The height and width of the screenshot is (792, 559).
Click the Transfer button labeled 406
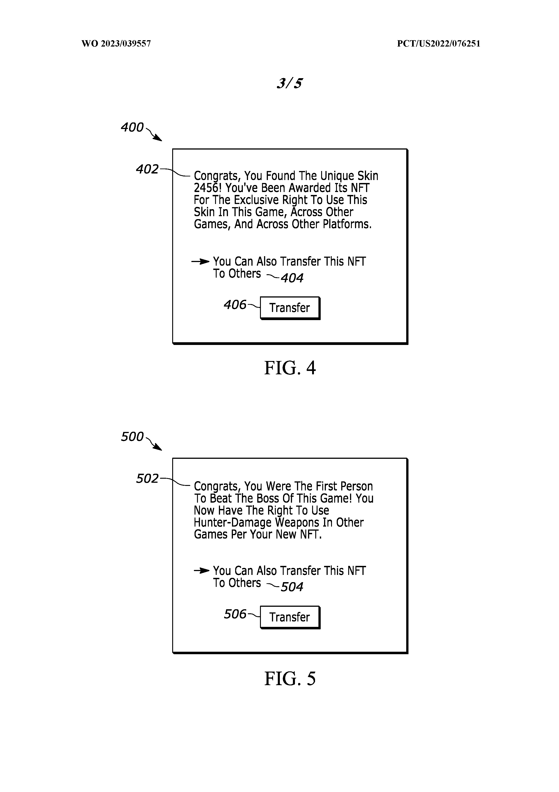(x=290, y=308)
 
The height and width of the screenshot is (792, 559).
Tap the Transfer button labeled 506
(x=290, y=617)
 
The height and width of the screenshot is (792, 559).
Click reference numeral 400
(x=132, y=127)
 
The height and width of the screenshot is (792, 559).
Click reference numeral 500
(x=132, y=437)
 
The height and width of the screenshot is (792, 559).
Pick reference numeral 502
(x=147, y=478)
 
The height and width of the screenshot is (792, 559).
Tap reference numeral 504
(x=292, y=587)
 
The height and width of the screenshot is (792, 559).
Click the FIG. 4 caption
(x=290, y=368)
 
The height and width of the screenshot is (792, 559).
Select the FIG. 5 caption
(x=290, y=679)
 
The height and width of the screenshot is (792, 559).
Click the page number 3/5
(x=290, y=83)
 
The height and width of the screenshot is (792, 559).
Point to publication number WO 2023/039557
(x=116, y=43)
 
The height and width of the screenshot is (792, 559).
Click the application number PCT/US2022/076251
(x=438, y=43)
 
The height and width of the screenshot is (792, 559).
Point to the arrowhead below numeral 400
(x=158, y=138)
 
